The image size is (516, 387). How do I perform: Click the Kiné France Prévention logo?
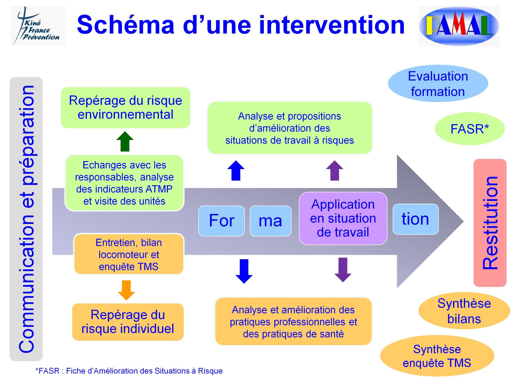(x=38, y=26)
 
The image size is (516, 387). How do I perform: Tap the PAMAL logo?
(x=459, y=26)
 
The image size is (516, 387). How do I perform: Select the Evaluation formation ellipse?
(x=438, y=84)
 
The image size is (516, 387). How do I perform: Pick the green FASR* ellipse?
(x=469, y=129)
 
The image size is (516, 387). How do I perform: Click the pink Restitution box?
(x=490, y=223)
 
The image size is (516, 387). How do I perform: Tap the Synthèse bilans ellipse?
(x=464, y=311)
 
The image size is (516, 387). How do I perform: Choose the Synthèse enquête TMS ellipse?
(x=437, y=356)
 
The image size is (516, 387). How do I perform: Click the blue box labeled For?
(x=221, y=221)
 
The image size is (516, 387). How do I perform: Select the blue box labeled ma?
(x=270, y=221)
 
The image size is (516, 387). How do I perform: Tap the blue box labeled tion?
(x=415, y=219)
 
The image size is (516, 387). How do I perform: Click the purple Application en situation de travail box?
(x=343, y=218)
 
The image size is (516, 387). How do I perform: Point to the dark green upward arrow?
(x=125, y=142)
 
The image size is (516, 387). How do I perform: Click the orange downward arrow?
(x=126, y=290)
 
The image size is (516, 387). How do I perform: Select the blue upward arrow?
(x=236, y=171)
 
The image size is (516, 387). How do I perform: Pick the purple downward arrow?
(x=343, y=269)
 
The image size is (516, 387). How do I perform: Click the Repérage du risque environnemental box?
(x=125, y=108)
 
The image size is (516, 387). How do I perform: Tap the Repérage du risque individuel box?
(x=128, y=322)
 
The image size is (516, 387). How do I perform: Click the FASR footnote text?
(x=129, y=371)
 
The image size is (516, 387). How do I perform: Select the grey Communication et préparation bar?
(x=26, y=219)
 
